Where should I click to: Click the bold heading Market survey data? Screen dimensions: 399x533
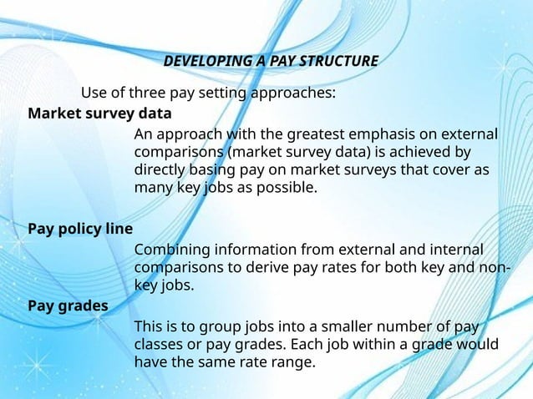99,113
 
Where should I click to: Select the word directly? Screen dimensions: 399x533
160,170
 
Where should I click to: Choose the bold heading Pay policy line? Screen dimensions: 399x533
80,228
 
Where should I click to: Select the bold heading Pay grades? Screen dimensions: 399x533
68,306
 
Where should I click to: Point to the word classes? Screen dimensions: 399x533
159,343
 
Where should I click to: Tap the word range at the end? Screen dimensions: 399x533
295,361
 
